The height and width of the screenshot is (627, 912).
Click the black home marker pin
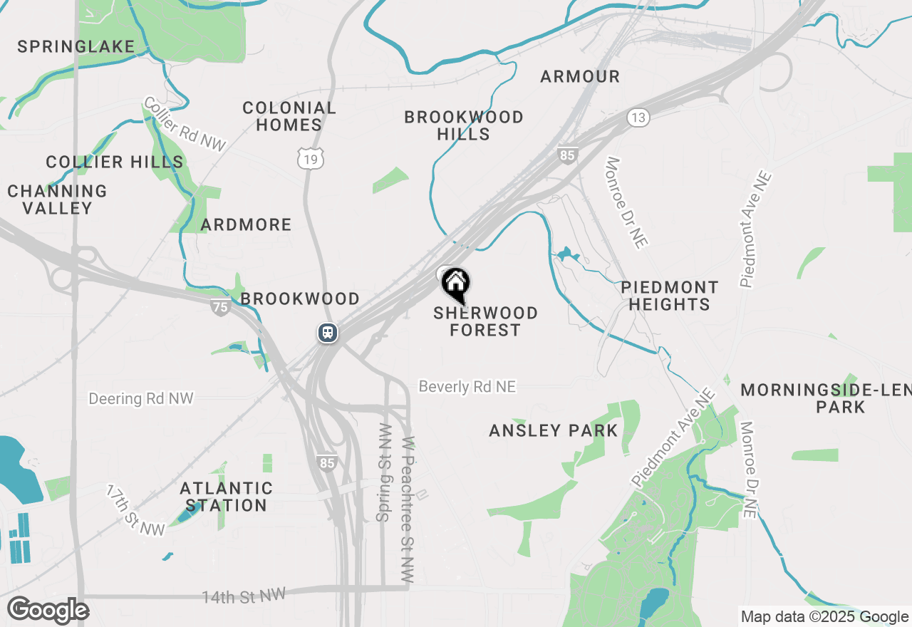[x=455, y=284]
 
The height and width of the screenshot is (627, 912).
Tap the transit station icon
[x=328, y=333]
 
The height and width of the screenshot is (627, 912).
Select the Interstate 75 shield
[x=221, y=307]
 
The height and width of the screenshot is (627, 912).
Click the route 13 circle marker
[x=638, y=118]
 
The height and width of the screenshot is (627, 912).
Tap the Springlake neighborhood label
[x=76, y=47]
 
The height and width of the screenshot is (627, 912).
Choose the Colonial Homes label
[x=289, y=116]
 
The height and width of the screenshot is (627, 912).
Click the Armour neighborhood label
[x=580, y=76]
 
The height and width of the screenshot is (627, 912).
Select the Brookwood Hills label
[x=464, y=125]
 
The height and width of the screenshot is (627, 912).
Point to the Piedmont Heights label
[x=669, y=296]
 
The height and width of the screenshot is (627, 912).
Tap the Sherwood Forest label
[x=485, y=321]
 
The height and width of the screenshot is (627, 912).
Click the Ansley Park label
[x=554, y=430]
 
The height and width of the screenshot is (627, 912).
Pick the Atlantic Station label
[x=226, y=497]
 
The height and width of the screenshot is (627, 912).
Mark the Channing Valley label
[x=57, y=199]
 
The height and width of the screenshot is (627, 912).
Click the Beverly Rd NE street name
[x=467, y=387]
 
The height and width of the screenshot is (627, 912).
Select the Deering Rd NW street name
[x=141, y=398]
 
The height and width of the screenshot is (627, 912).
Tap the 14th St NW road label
[x=243, y=596]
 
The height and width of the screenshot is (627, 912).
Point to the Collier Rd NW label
[x=185, y=124]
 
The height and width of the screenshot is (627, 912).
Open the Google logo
[x=48, y=611]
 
